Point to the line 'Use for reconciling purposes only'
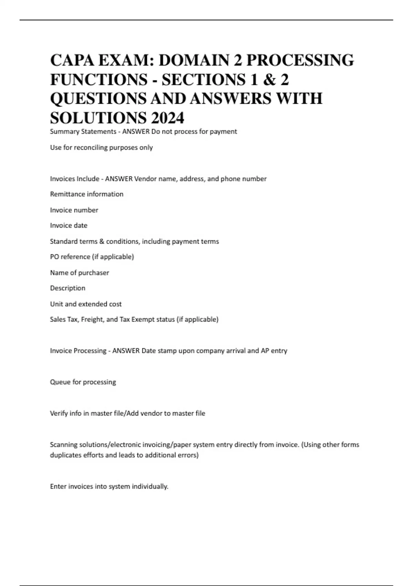click(101, 148)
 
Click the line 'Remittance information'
click(86, 194)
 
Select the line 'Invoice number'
click(74, 210)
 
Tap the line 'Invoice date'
click(68, 225)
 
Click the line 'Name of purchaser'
click(80, 273)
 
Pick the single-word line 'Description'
click(67, 288)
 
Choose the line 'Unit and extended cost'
click(86, 304)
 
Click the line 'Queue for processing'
click(83, 382)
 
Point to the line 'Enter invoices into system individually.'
click(109, 486)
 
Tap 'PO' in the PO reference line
click(54, 257)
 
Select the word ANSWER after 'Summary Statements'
click(136, 132)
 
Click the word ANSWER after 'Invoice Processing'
click(126, 351)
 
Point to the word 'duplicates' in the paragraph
click(65, 455)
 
